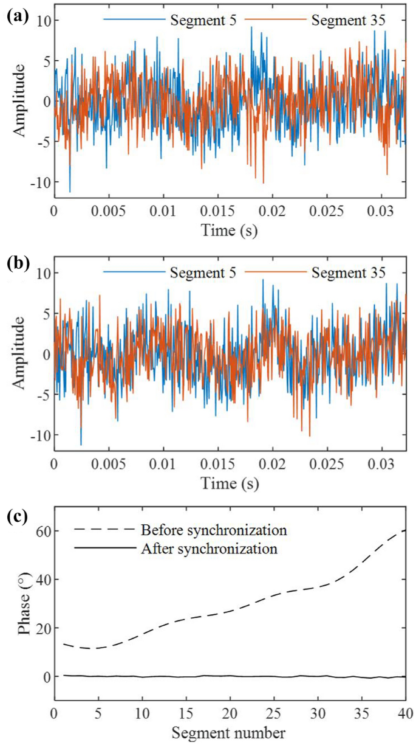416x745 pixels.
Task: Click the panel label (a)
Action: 16,16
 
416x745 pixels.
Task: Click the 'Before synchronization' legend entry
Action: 213,530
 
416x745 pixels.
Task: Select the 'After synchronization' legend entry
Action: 209,549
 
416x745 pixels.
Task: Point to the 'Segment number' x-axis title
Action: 229,733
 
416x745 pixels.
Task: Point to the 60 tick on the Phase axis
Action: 41,531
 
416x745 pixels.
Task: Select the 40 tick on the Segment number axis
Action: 405,713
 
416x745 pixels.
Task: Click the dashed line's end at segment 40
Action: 405,530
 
